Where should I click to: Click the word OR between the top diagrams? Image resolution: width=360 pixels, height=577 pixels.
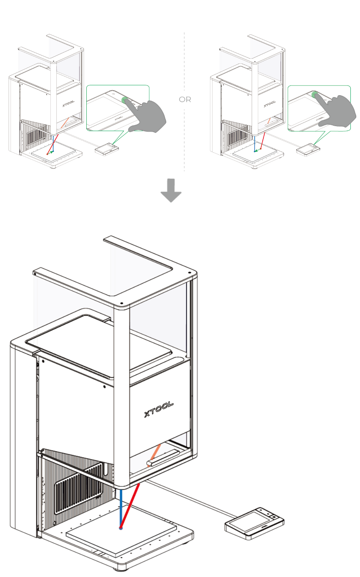click(x=185, y=99)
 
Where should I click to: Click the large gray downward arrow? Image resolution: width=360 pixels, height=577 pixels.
click(x=171, y=190)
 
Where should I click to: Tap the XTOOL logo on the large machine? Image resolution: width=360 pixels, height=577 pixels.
click(x=159, y=409)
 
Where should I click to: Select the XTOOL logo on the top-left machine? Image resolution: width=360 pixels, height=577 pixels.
click(x=68, y=103)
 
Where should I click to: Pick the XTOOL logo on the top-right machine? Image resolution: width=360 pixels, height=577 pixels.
click(x=270, y=103)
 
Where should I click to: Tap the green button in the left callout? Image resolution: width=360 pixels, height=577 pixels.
click(x=124, y=99)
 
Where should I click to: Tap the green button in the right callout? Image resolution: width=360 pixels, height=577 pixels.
click(x=315, y=94)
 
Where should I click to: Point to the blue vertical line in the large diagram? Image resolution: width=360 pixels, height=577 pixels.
click(x=121, y=508)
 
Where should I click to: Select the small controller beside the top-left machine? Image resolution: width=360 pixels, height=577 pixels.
click(x=106, y=149)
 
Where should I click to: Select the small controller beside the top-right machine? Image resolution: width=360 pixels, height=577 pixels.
click(x=308, y=149)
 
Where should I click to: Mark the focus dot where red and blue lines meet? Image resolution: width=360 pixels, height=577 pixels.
click(x=121, y=528)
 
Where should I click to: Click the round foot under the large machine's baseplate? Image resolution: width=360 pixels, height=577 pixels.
click(x=120, y=568)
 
